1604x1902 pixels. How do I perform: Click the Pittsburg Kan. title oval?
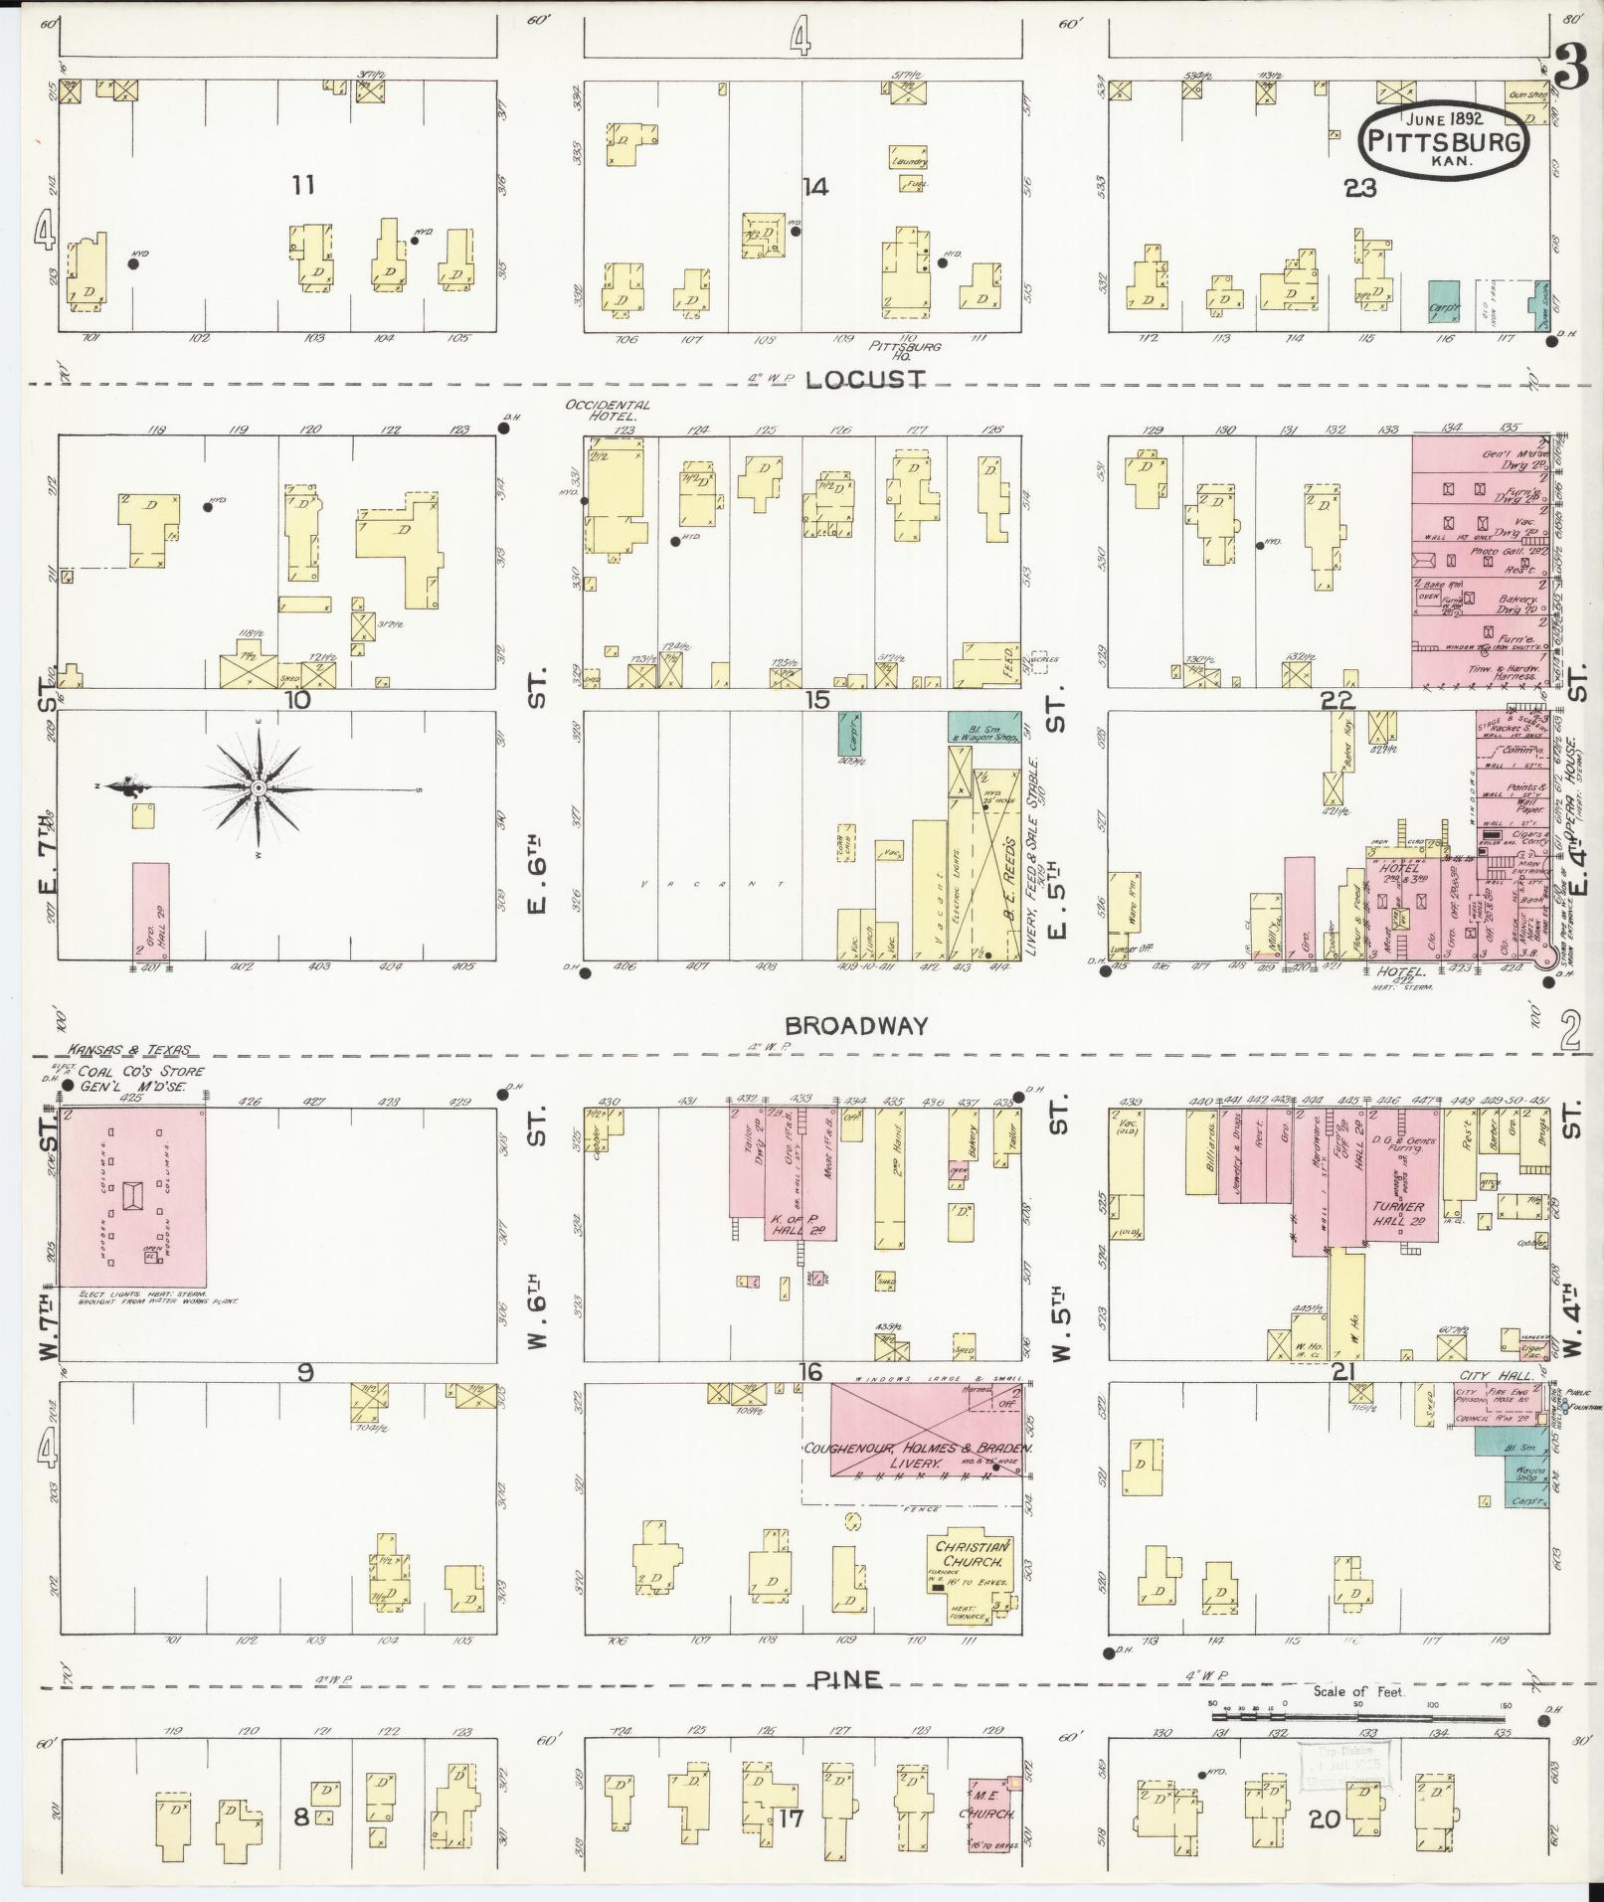(x=1445, y=141)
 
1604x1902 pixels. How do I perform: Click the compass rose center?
(x=258, y=787)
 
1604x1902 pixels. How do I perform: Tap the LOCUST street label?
(x=864, y=380)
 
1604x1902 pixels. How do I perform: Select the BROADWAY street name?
(x=856, y=1026)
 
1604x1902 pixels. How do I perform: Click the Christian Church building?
(x=972, y=1585)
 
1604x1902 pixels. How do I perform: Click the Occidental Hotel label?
(x=608, y=412)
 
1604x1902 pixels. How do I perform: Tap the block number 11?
(x=303, y=184)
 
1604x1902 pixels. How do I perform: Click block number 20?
(x=1325, y=1819)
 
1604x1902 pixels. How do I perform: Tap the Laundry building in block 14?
(x=909, y=159)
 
